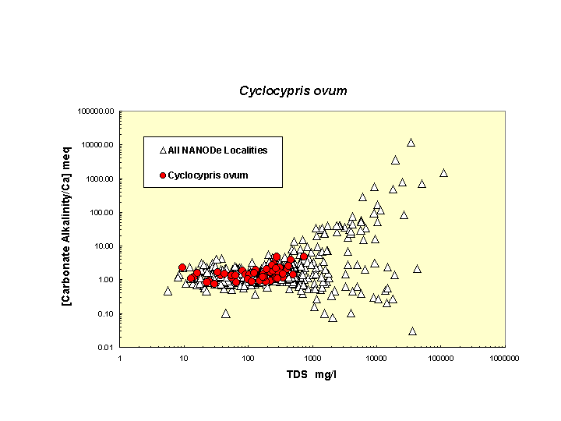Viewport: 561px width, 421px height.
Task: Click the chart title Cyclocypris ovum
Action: click(x=292, y=90)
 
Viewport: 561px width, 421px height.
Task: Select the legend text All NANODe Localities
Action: click(x=217, y=150)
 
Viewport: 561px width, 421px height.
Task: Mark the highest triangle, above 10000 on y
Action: click(x=411, y=143)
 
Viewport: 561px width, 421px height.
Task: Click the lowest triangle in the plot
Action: click(x=412, y=331)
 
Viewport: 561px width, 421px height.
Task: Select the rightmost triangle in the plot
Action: click(x=443, y=173)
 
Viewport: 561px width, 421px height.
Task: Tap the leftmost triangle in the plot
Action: click(x=168, y=291)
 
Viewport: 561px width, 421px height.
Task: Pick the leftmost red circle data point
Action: click(x=182, y=267)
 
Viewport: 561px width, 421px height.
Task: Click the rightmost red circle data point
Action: click(x=304, y=256)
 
